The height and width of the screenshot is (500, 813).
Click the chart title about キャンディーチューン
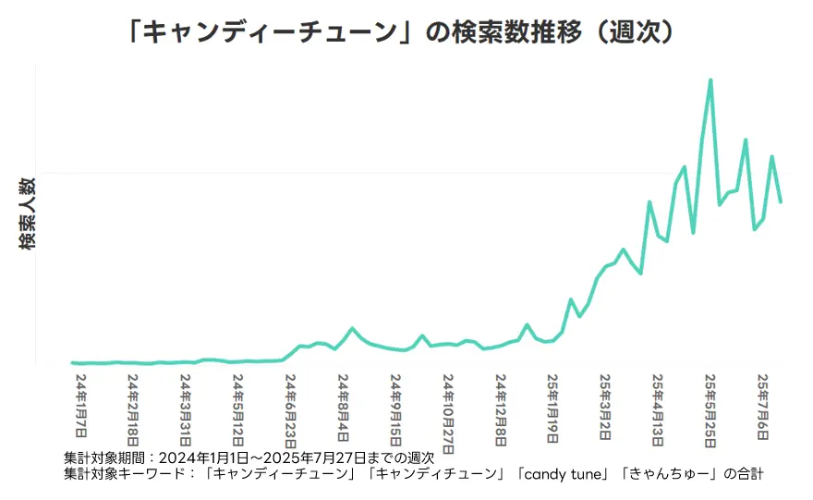click(x=406, y=32)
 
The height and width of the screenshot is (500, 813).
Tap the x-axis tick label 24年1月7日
click(x=81, y=406)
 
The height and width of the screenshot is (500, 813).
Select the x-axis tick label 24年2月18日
click(x=134, y=409)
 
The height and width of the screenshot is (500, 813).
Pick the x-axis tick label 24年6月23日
click(x=291, y=409)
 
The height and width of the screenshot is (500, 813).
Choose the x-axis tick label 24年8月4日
click(x=344, y=406)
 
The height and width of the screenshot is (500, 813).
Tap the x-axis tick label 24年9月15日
click(x=396, y=409)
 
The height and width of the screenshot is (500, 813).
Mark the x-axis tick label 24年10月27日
click(x=449, y=413)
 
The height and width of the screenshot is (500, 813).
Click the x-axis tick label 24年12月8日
click(x=502, y=409)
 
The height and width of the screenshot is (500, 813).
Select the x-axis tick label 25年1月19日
click(x=553, y=409)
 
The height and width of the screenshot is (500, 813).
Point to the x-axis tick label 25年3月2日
click(x=606, y=406)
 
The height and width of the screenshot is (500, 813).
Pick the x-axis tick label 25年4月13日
click(x=659, y=409)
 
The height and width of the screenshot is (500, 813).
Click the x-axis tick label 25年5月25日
click(x=711, y=409)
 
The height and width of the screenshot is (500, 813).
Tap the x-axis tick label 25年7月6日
click(x=764, y=406)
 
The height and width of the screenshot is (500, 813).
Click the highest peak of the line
click(x=710, y=80)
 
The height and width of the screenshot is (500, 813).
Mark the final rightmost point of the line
click(x=782, y=201)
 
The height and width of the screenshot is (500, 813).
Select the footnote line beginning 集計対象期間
click(x=249, y=458)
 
